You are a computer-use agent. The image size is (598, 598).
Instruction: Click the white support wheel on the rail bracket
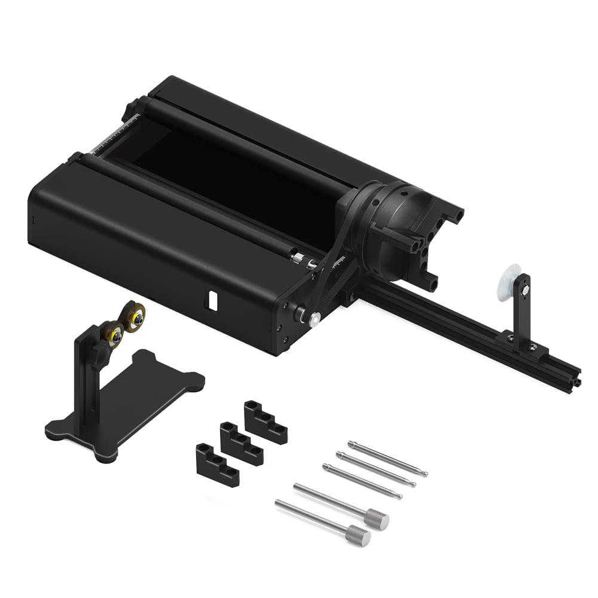point(508,282)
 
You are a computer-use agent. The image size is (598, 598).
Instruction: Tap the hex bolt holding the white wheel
point(524,290)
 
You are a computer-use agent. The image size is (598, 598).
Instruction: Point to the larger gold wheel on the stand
point(134,316)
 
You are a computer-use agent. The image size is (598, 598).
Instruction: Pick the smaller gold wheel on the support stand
point(112,333)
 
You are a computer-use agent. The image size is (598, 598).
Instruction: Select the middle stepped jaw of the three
point(241,443)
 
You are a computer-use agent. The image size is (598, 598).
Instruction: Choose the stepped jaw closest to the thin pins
point(265,422)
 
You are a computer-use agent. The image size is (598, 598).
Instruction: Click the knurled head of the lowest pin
point(358,535)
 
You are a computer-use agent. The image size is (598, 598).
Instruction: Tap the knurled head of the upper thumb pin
point(377,518)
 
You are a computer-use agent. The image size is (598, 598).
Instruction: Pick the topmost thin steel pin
point(388,458)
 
